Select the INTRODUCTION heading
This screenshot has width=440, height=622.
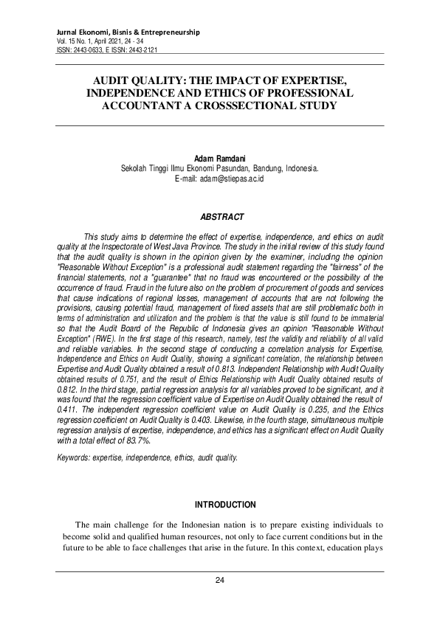224,505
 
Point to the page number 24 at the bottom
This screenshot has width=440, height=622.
219,580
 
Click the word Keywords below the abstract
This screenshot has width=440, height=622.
73,457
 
